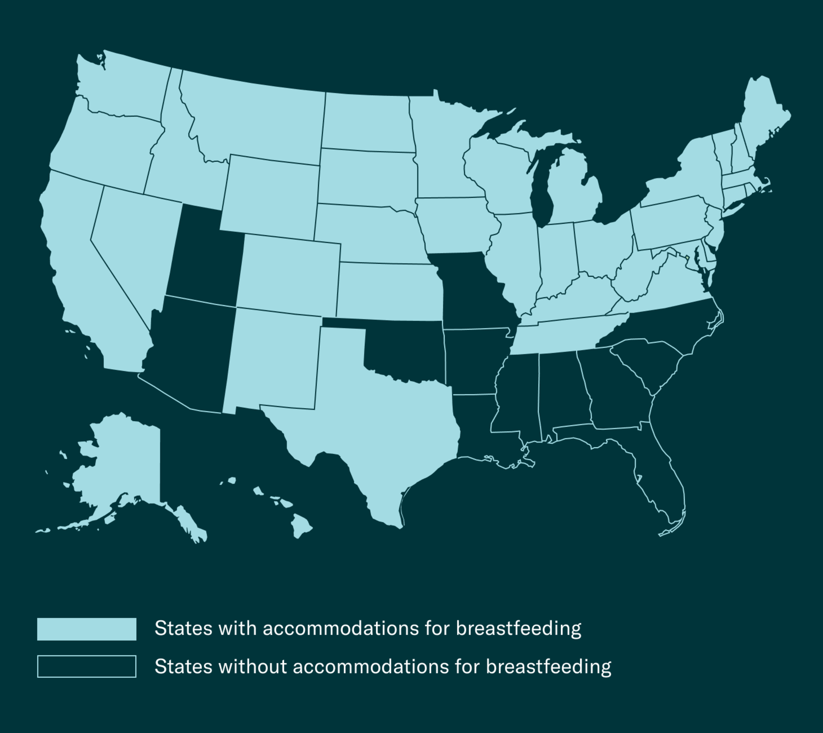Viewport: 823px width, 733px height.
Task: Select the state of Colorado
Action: (288, 274)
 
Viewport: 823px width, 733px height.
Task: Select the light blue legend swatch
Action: (86, 629)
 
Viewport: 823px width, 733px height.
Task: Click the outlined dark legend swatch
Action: (86, 666)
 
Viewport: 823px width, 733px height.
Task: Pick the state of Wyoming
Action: (270, 195)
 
